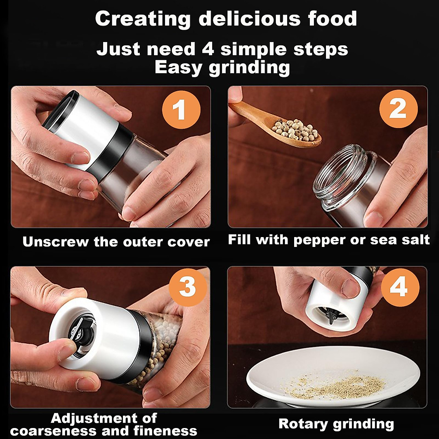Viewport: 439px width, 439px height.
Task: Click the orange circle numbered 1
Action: tap(181, 110)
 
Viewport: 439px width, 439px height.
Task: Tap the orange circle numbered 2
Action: tap(398, 109)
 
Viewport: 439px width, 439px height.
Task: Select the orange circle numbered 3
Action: tap(187, 287)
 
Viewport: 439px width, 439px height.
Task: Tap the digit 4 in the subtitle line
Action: tap(208, 49)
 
